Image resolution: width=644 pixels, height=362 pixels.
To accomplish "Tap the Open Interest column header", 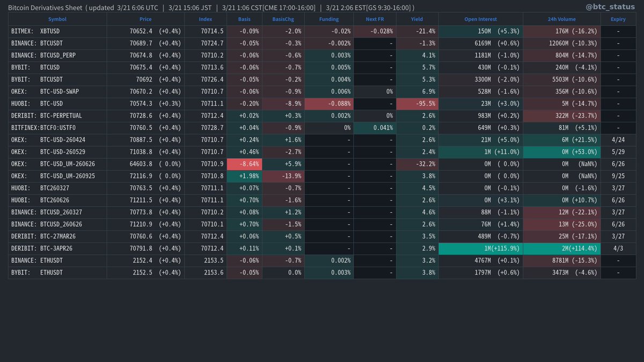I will point(480,19).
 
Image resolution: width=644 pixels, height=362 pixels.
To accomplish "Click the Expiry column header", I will point(618,19).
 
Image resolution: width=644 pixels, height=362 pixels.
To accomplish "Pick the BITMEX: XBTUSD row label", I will point(35,31).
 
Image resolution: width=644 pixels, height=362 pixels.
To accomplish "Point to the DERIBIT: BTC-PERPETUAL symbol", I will point(47,115).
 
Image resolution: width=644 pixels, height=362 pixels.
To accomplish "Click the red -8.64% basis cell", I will point(244,164).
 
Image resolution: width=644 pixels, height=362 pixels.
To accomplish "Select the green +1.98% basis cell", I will point(244,175).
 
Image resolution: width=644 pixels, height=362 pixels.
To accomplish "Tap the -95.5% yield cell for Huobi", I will point(417,104).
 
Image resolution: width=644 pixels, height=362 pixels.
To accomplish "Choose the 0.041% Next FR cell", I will point(374,128).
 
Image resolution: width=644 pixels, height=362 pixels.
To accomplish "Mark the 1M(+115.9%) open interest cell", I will point(480,248).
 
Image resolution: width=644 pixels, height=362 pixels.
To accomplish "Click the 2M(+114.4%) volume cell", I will point(561,248).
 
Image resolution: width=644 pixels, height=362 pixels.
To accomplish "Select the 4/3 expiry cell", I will point(618,248).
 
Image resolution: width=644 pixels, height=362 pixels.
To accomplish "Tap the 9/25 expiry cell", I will point(618,175).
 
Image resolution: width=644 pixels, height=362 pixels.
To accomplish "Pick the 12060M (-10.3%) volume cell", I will point(561,43).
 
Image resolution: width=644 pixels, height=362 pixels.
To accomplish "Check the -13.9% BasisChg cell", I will point(283,175).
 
